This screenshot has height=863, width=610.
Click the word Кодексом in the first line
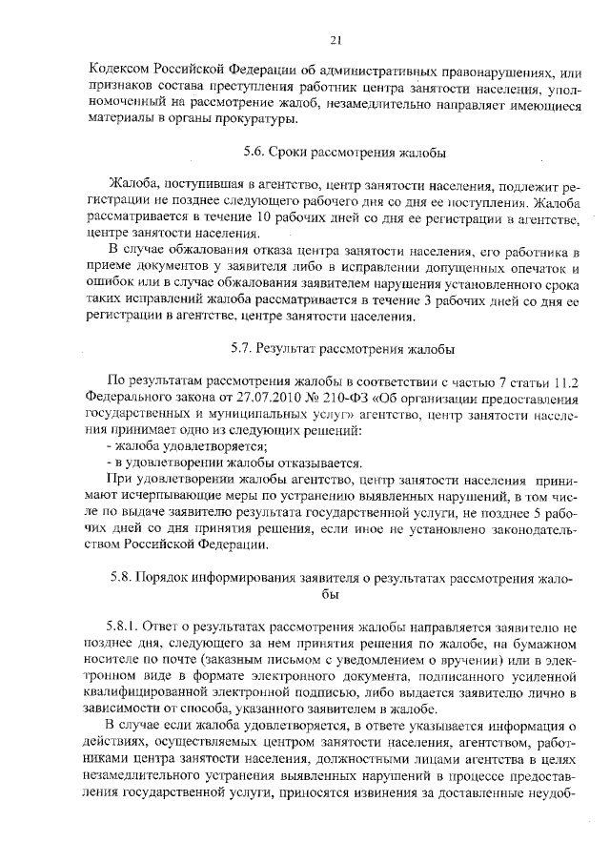point(117,70)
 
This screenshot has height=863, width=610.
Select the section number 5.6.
point(255,153)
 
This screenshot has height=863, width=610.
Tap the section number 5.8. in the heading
point(126,578)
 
